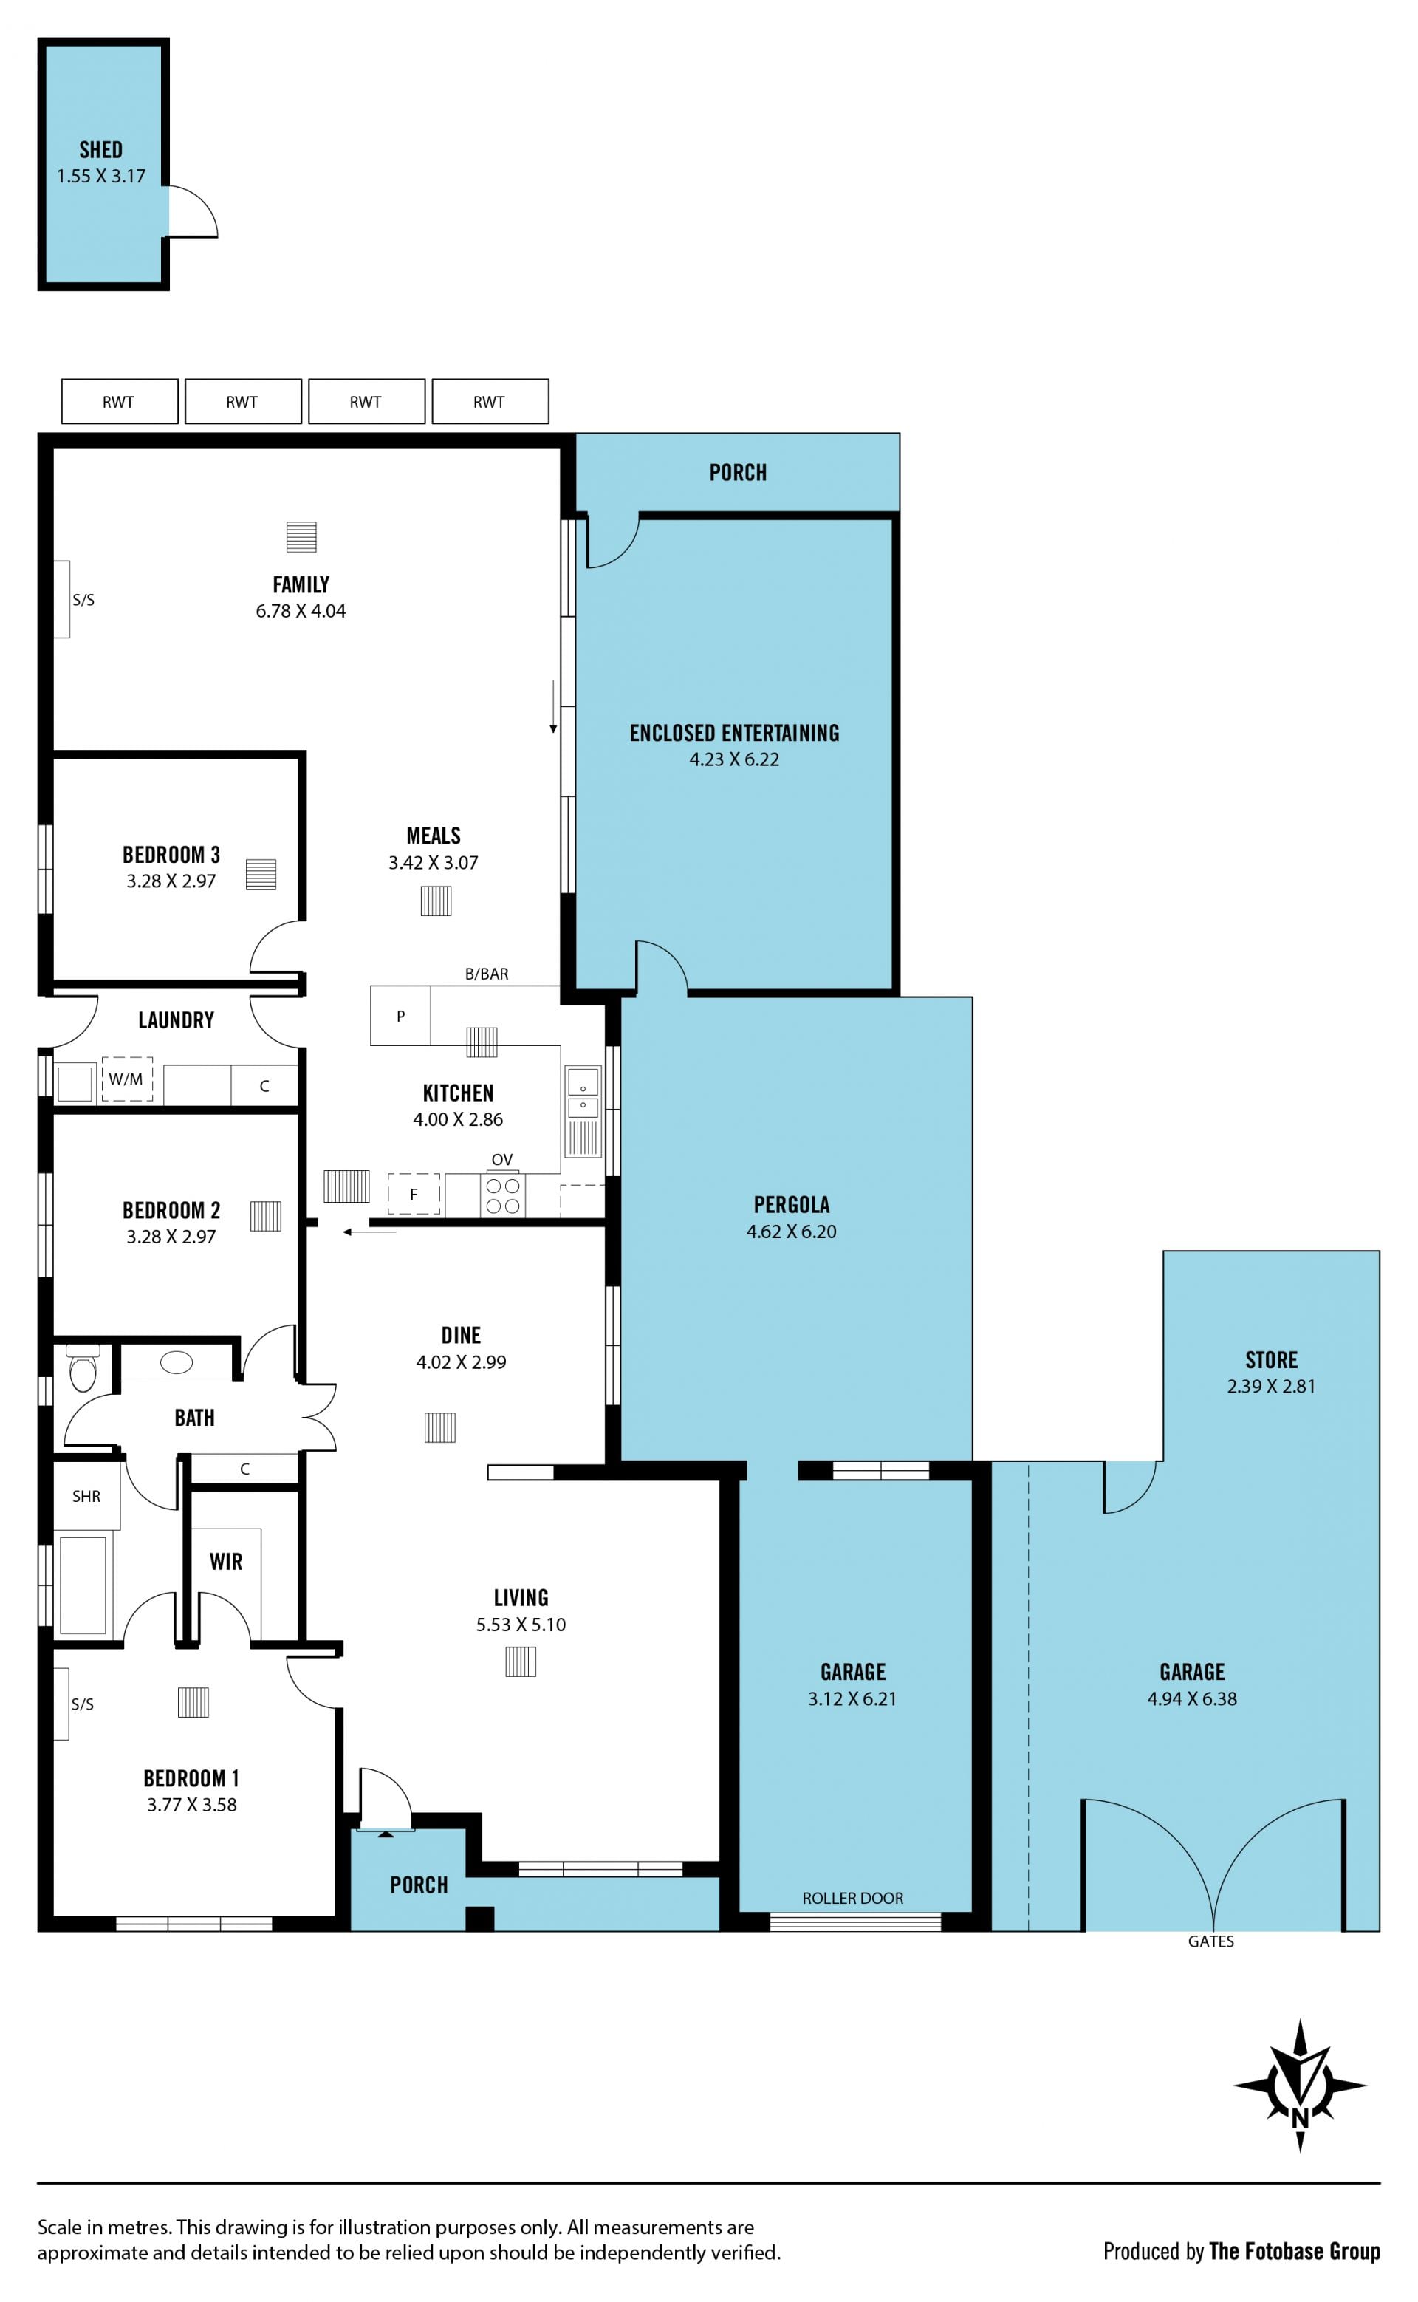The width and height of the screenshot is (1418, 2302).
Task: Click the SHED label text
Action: tap(100, 150)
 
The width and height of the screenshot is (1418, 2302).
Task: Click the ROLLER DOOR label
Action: tap(852, 1898)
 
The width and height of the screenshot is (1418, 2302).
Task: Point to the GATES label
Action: tap(1210, 1941)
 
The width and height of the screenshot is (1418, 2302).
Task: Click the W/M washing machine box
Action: tap(126, 1079)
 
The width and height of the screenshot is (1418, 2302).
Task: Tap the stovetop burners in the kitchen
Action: tap(503, 1196)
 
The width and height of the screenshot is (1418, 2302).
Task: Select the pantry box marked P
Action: tap(400, 1015)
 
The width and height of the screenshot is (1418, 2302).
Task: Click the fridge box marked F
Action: tap(414, 1194)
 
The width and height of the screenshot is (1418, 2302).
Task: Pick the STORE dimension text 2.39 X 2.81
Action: tap(1271, 1387)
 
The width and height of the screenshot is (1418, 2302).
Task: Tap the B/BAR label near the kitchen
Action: tap(487, 974)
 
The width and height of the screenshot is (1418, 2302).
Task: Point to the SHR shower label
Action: tap(86, 1496)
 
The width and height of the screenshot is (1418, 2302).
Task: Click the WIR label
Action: tap(226, 1562)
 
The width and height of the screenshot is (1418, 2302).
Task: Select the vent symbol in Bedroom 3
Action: tap(261, 874)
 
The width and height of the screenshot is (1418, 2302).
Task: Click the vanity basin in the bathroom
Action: tap(177, 1362)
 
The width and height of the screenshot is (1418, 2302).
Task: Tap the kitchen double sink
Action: tap(583, 1092)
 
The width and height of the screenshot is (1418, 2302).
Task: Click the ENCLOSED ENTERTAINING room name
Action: tap(734, 734)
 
